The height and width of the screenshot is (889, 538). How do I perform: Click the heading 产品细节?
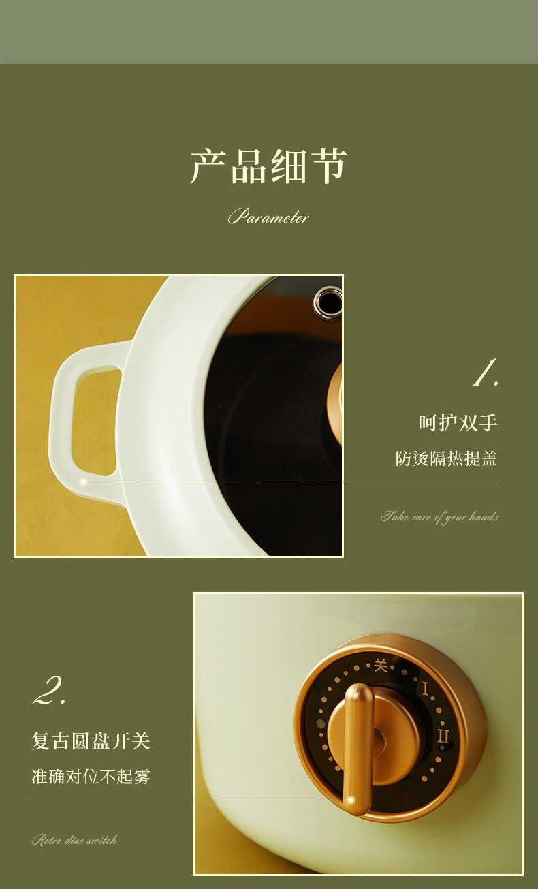[268, 166]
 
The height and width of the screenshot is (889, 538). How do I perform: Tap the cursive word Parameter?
[268, 217]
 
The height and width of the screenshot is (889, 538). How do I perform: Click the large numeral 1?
[486, 372]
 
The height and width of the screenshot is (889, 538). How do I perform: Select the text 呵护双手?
[458, 422]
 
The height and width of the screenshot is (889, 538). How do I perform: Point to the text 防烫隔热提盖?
[446, 458]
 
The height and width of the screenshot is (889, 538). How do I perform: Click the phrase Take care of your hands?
[440, 517]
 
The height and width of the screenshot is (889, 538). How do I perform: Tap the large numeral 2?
[49, 691]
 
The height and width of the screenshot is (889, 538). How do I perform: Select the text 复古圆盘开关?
[91, 741]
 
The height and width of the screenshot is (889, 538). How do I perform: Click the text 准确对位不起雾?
[91, 777]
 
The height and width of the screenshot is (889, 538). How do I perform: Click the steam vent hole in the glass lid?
[328, 302]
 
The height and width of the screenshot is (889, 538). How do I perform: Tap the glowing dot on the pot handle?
[83, 482]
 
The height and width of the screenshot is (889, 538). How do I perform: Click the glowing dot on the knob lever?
[351, 800]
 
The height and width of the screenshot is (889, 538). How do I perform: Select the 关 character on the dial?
[381, 665]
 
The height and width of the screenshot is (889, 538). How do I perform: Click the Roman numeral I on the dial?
[426, 689]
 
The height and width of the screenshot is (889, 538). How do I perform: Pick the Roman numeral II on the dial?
[443, 736]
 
